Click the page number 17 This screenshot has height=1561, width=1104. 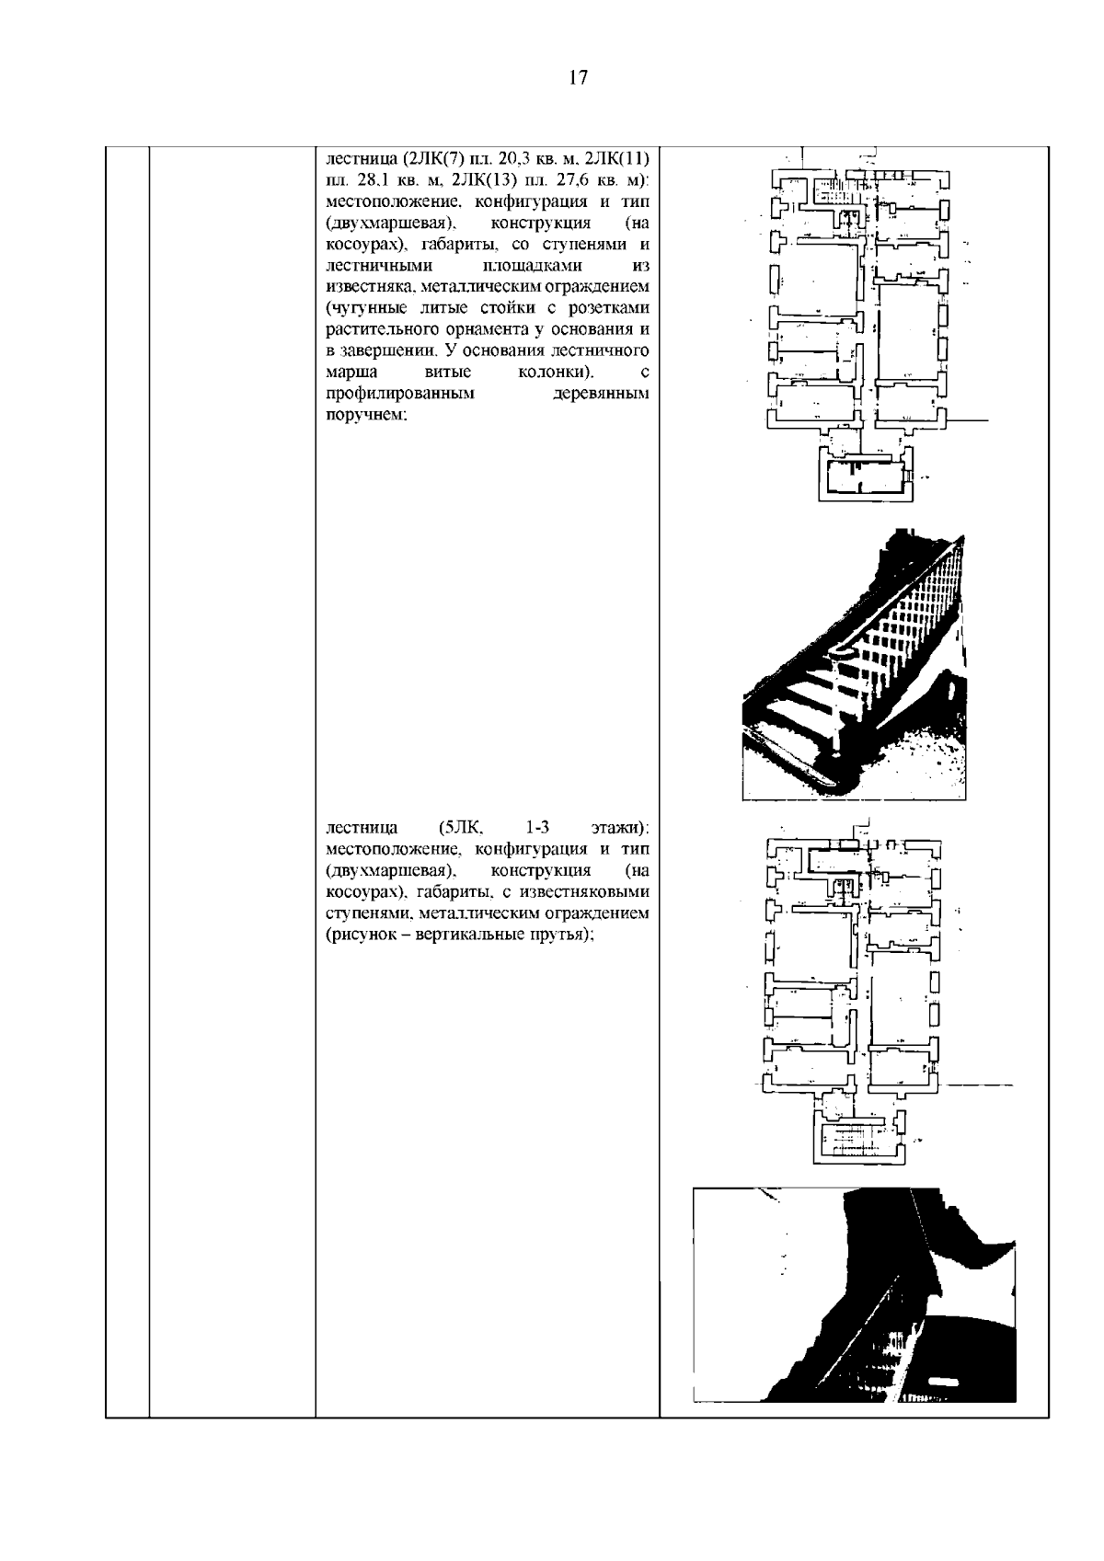(578, 76)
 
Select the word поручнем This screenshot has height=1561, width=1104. (366, 415)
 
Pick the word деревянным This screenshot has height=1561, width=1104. (601, 393)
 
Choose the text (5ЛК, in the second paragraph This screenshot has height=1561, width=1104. (462, 828)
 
